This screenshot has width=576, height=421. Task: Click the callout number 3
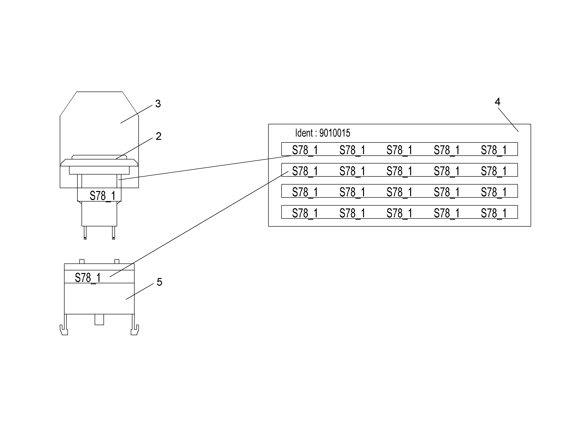tap(158, 104)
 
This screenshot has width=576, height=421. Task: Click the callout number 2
tap(158, 136)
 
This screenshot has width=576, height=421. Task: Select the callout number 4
tap(498, 102)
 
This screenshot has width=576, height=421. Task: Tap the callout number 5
tap(159, 282)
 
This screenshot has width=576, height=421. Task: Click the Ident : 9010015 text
tap(322, 133)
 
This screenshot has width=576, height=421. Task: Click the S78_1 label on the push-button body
tap(102, 196)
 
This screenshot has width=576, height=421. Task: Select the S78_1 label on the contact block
tap(88, 278)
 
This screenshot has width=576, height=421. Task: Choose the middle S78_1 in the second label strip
tap(399, 171)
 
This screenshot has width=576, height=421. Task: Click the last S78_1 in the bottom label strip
tap(494, 213)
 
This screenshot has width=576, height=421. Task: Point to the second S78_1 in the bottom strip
tap(352, 213)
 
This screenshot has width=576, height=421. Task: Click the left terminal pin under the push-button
tap(85, 233)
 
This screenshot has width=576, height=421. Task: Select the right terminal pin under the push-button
tap(113, 233)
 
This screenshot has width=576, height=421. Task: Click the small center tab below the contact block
tap(99, 320)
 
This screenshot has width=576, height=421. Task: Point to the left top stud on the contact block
tap(82, 262)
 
